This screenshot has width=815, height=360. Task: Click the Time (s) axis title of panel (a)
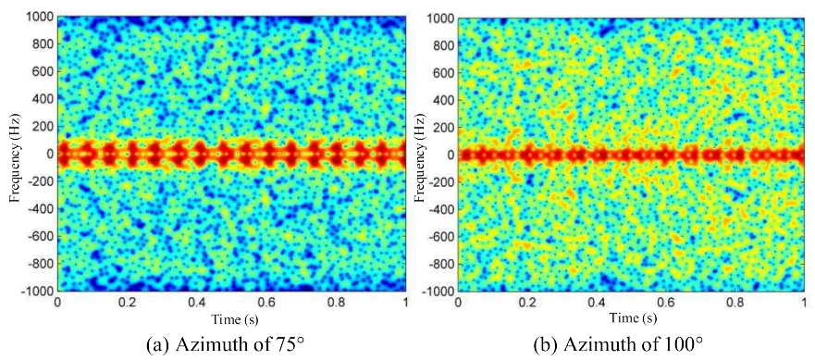pyautogui.click(x=231, y=318)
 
